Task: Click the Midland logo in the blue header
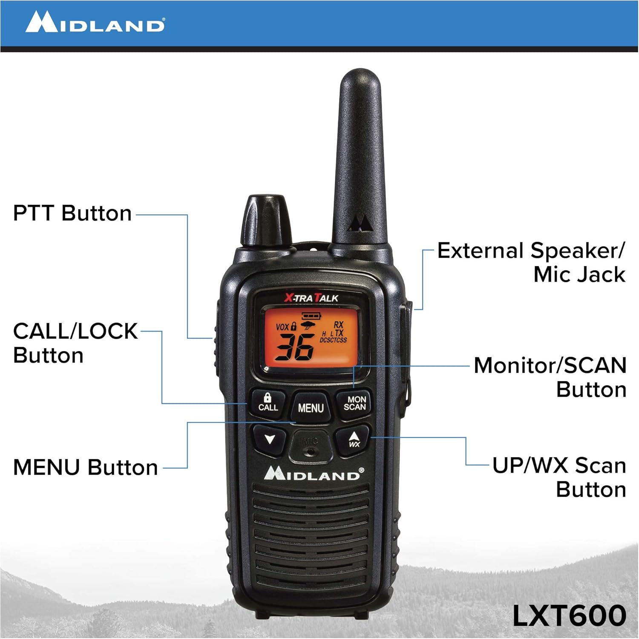click(95, 22)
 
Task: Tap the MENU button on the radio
click(311, 408)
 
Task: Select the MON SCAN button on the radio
click(355, 403)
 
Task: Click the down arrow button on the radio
click(269, 439)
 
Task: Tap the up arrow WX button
click(354, 439)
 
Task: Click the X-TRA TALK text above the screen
click(311, 298)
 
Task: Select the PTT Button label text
click(72, 213)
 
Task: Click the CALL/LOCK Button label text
click(75, 343)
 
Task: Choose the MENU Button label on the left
click(85, 467)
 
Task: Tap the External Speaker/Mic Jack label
click(532, 262)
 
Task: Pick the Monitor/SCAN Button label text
click(550, 377)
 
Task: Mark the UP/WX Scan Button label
click(559, 477)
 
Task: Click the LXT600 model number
click(569, 616)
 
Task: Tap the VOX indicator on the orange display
click(282, 327)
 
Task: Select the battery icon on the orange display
click(311, 316)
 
